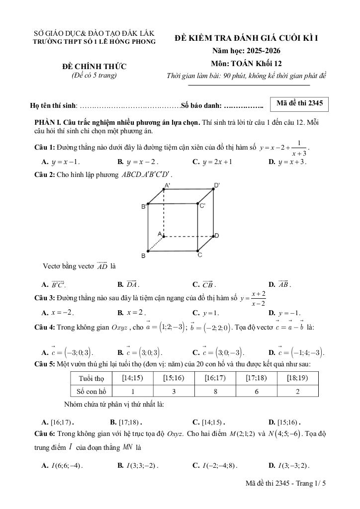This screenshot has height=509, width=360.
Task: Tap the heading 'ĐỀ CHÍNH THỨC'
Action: [94, 66]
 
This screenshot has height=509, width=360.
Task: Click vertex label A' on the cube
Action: [167, 185]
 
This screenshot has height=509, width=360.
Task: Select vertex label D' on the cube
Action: [217, 185]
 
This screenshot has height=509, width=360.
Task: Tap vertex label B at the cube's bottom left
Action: [143, 255]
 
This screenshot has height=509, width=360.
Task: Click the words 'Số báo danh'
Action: [200, 105]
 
